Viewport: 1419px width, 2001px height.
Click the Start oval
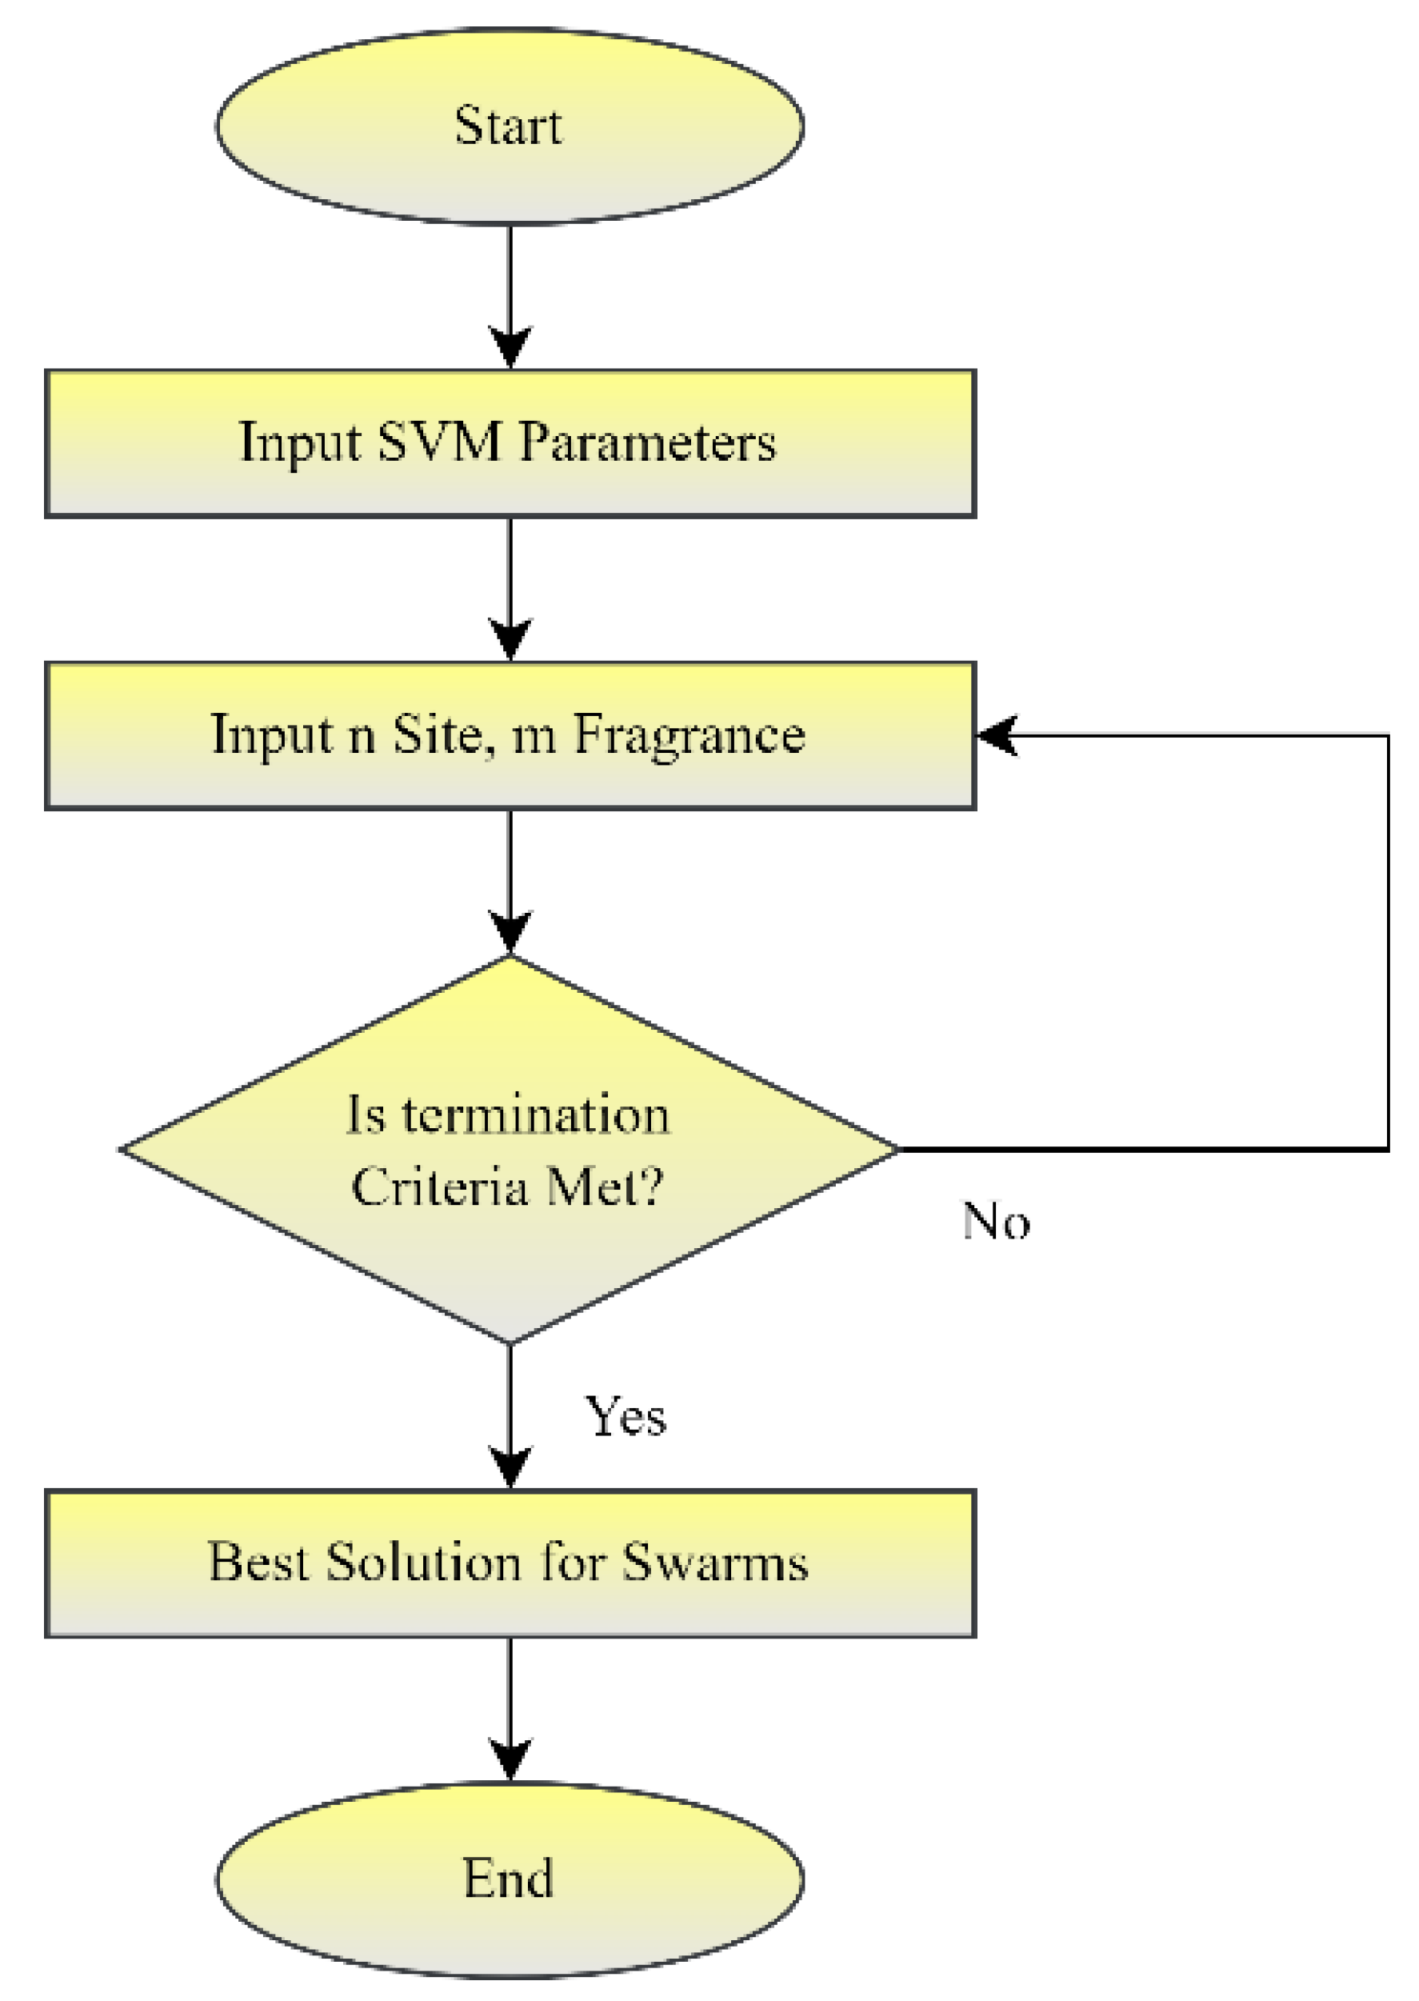click(510, 126)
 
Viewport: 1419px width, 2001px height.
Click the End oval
click(510, 1879)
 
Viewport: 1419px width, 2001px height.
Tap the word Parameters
click(647, 442)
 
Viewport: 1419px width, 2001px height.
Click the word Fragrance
click(689, 734)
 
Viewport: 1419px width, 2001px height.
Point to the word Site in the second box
click(436, 734)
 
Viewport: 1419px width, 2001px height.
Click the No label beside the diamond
click(995, 1222)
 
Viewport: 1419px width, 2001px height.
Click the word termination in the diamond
click(536, 1116)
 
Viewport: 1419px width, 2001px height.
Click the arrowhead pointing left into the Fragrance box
click(996, 734)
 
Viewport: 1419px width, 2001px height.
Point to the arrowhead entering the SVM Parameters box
click(510, 348)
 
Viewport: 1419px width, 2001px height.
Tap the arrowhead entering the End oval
click(510, 1759)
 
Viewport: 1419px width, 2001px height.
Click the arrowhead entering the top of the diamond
click(510, 932)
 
